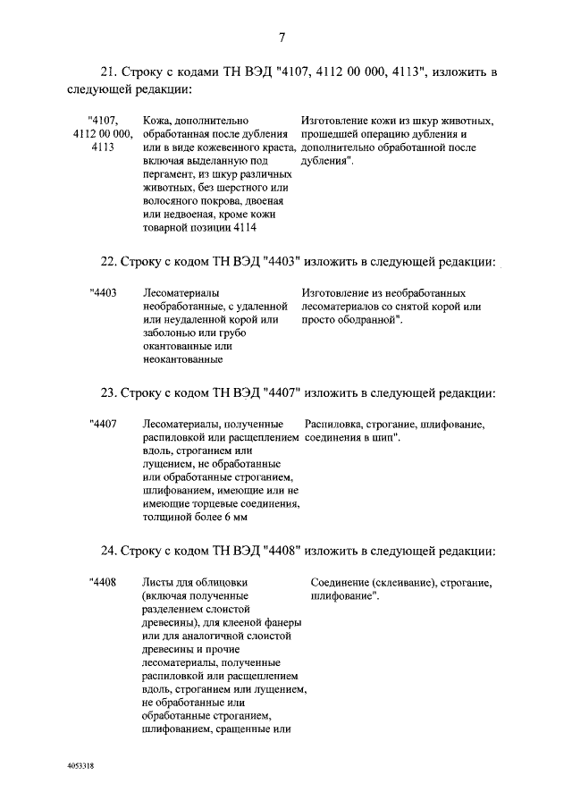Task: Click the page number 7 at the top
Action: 282,38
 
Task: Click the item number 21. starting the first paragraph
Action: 109,72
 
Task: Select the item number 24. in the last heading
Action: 109,550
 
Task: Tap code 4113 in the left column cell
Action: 102,147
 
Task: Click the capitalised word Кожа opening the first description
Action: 156,120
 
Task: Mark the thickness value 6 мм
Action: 233,518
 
